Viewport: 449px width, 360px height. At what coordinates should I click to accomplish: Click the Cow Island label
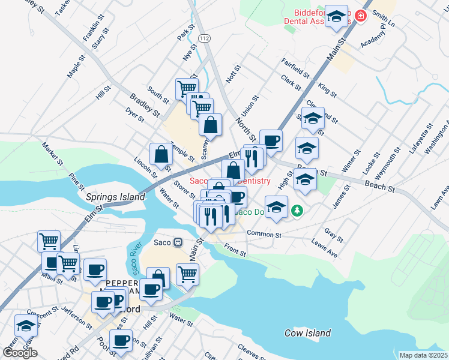[x=307, y=333]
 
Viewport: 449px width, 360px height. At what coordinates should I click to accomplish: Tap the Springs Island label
[x=115, y=196]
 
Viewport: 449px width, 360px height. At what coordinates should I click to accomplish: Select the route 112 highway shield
[x=205, y=38]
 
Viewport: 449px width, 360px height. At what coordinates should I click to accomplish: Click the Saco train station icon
[x=178, y=242]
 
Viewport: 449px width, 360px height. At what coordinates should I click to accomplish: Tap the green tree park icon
[x=296, y=211]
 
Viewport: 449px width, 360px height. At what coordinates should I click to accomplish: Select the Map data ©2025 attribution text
[x=423, y=355]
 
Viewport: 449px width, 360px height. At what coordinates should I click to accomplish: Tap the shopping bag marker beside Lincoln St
[x=161, y=154]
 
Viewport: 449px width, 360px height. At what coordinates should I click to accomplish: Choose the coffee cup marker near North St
[x=271, y=140]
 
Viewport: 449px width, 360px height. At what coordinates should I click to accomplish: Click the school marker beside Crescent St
[x=26, y=325]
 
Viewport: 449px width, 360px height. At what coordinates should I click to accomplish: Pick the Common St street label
[x=264, y=234]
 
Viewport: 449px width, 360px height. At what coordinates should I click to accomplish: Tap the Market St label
[x=52, y=154]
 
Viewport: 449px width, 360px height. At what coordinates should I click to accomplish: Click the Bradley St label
[x=145, y=105]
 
